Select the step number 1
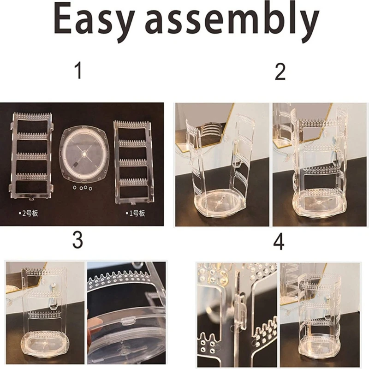pos(79,71)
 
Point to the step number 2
pos(280,71)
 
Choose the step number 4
pos(279,242)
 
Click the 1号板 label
pos(135,214)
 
